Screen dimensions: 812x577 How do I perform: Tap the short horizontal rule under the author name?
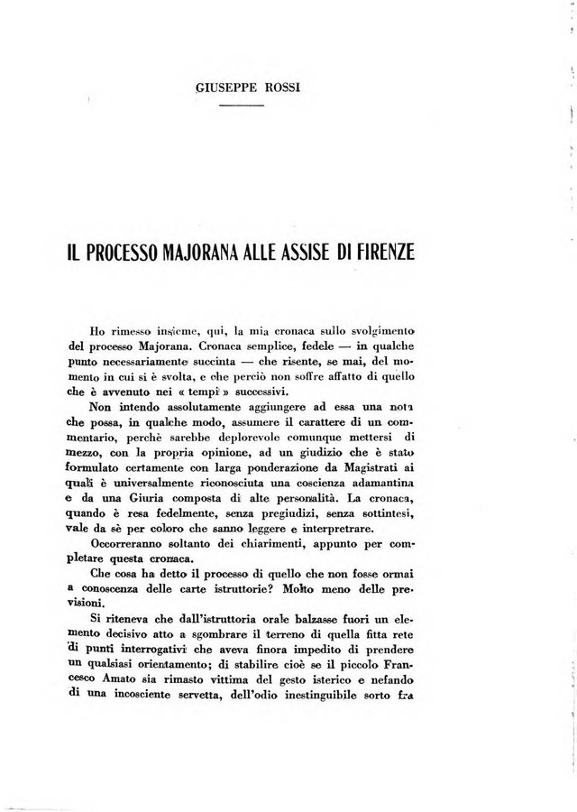[243, 106]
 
